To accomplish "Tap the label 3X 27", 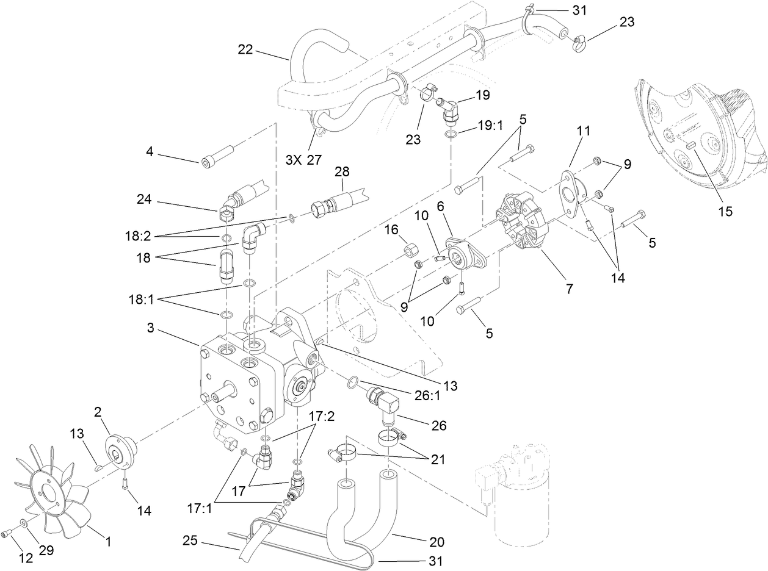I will click(303, 160).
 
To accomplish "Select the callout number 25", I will click(190, 540).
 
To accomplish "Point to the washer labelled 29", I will click(23, 523).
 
